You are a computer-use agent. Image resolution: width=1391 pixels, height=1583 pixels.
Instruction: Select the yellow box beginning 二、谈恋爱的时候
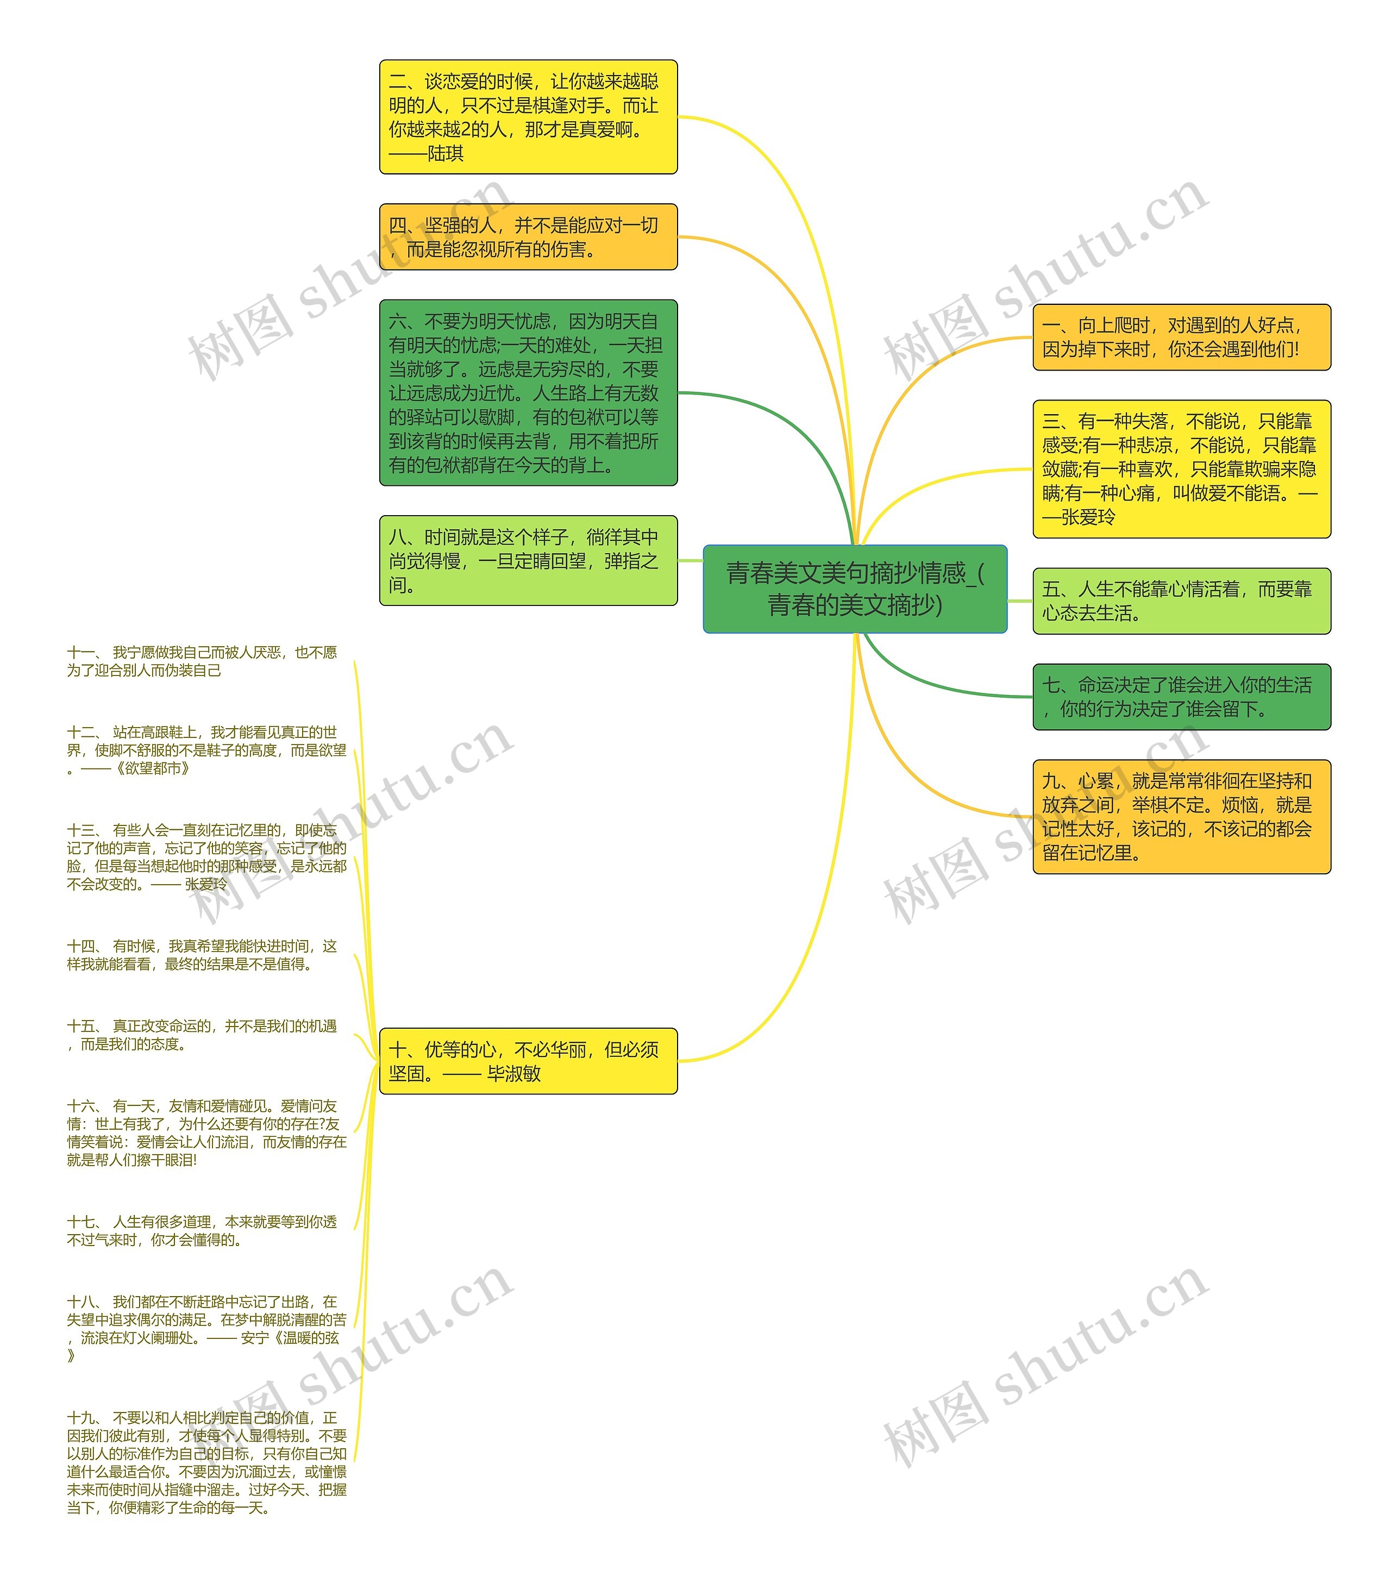point(528,117)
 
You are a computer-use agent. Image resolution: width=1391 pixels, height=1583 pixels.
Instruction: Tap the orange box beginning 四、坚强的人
point(528,237)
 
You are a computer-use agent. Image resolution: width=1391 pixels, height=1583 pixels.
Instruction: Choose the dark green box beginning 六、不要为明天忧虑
point(528,393)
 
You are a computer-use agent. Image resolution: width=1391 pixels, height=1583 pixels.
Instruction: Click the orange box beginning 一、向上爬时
point(1181,337)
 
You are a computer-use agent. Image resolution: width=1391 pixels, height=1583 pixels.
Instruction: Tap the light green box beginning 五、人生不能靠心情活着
point(1181,601)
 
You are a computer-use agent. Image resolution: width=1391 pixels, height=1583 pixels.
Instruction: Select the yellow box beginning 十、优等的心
point(528,1061)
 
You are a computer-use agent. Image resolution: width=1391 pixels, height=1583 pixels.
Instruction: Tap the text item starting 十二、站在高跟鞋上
point(206,750)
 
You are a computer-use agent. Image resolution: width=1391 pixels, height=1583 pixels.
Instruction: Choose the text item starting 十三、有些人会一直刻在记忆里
point(206,856)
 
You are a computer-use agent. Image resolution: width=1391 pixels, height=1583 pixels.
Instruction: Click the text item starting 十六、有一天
point(206,1132)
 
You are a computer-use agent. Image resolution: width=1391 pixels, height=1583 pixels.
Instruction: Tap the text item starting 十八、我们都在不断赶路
point(206,1328)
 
